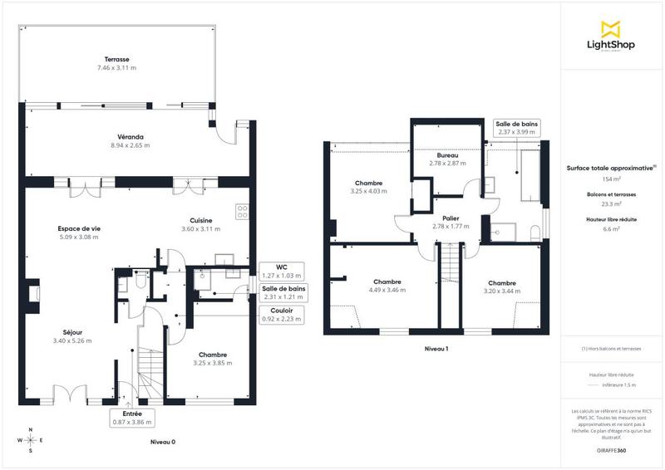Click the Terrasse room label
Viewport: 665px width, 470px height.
(x=116, y=60)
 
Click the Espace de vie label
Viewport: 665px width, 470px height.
(x=79, y=228)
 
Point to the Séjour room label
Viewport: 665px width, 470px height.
(x=71, y=332)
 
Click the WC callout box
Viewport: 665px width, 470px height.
(x=282, y=271)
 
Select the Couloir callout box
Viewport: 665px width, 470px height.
(x=282, y=314)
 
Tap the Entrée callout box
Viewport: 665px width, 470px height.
(x=132, y=418)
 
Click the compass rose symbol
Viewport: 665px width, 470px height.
(x=31, y=440)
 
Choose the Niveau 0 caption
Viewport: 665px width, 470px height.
(x=162, y=442)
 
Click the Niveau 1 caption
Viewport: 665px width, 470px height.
(x=436, y=349)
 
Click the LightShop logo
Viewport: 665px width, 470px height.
(x=611, y=37)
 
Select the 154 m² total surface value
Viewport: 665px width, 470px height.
(x=611, y=179)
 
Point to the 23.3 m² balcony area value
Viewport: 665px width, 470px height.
(x=611, y=203)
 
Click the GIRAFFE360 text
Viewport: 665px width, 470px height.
(x=611, y=449)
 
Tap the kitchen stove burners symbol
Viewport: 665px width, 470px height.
(x=243, y=212)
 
